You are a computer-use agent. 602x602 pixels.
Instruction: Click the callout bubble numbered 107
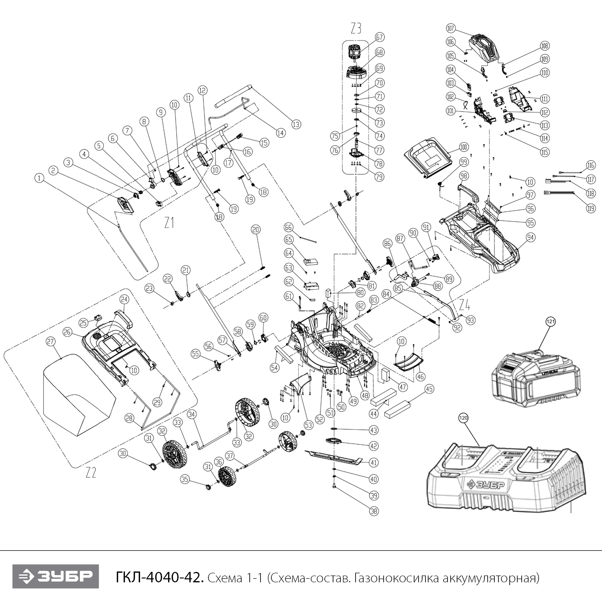coord(451,28)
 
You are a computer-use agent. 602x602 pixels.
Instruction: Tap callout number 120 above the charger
coord(464,418)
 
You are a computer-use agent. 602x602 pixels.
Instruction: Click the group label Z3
coord(356,28)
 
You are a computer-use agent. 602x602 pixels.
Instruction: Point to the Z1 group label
coord(169,222)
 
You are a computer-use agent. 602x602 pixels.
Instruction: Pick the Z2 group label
coord(91,472)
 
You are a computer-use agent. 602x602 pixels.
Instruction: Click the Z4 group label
coord(464,305)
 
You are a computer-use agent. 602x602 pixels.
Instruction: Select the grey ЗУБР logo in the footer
coord(55,576)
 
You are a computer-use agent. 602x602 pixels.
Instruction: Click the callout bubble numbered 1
coord(39,178)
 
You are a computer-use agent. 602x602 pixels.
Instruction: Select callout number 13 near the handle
coord(296,124)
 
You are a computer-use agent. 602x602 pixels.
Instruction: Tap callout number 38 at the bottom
coord(374,511)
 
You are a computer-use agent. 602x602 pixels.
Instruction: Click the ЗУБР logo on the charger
coord(485,485)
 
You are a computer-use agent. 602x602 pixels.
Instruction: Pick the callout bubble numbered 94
coord(530,238)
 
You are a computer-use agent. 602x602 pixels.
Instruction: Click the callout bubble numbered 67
coord(379,37)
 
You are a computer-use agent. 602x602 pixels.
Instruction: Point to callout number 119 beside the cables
coord(590,208)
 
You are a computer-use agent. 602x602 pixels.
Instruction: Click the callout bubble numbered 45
coord(429,389)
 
